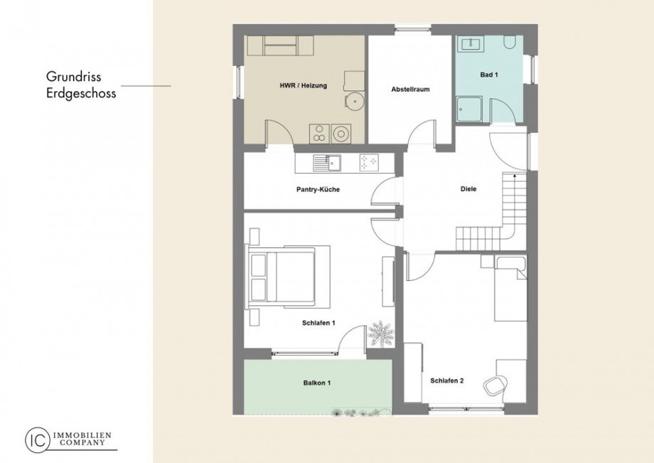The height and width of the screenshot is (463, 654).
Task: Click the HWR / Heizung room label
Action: click(x=304, y=85)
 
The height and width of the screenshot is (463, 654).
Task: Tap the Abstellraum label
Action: click(x=411, y=90)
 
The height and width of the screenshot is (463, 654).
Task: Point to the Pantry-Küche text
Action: click(x=318, y=190)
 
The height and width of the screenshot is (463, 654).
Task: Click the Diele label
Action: click(x=468, y=189)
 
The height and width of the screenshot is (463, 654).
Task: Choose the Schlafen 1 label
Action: click(x=318, y=323)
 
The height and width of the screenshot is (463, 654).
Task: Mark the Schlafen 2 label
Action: click(x=446, y=380)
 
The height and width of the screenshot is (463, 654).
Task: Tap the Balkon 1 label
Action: click(x=316, y=383)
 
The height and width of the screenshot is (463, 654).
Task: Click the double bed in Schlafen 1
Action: click(x=288, y=277)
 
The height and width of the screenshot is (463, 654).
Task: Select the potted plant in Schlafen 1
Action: click(x=380, y=334)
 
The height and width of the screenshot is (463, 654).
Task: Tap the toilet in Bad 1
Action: click(x=510, y=43)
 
